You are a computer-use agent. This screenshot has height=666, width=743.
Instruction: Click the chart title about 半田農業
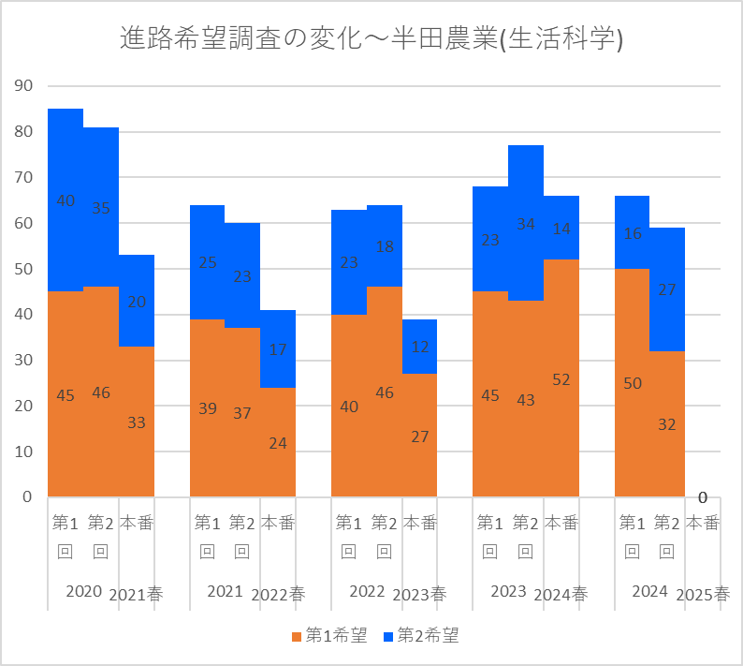(371, 38)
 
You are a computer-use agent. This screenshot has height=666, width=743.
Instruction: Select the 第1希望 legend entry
(329, 635)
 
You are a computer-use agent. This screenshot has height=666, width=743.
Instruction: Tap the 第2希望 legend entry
(421, 635)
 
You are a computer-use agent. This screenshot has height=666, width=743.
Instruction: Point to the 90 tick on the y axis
(23, 86)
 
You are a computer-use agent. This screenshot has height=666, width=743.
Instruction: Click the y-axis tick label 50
(23, 269)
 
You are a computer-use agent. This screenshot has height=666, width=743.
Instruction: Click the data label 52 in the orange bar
(561, 379)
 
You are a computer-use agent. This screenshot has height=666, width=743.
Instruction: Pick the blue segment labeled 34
(526, 223)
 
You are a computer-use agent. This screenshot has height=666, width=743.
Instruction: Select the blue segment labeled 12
(419, 347)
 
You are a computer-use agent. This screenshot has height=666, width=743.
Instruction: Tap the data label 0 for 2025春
(703, 497)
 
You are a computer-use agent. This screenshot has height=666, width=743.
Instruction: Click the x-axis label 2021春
(136, 595)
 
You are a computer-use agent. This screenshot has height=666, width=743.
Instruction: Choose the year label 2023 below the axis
(508, 591)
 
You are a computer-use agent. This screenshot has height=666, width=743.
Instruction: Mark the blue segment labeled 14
(561, 228)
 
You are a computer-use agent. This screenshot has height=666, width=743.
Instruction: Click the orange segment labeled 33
(137, 422)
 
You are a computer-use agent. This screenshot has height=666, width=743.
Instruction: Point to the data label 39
(208, 408)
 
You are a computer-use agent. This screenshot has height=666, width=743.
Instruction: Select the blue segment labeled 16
(633, 232)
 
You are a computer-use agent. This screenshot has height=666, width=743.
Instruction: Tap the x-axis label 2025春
(703, 595)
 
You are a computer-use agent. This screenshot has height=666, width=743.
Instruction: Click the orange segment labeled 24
(278, 442)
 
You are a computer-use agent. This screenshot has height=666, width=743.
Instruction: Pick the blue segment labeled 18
(385, 245)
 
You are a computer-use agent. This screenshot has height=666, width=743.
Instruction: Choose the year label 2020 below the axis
(84, 591)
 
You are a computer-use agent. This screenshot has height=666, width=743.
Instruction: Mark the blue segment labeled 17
(278, 349)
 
